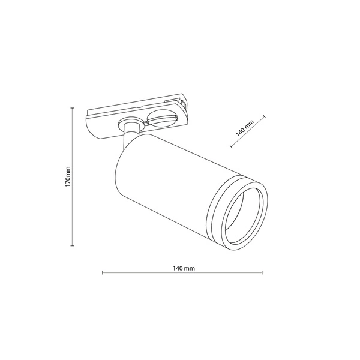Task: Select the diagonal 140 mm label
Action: click(245, 129)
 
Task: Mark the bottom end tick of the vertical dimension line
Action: click(72, 246)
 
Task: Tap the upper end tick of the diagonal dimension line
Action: click(264, 117)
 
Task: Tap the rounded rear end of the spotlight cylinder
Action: click(119, 174)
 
